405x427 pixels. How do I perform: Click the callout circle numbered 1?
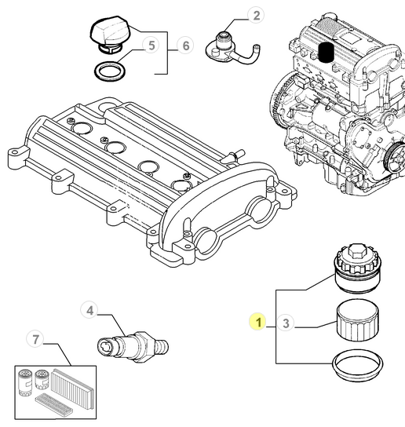pos(257,321)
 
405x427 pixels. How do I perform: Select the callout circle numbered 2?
pos(257,15)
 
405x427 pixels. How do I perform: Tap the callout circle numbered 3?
pos(286,322)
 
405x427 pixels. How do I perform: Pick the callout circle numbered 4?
pos(90,311)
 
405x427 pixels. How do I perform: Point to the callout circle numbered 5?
pos(151,47)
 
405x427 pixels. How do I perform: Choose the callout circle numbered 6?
pos(186,47)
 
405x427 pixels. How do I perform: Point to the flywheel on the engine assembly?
pos(279,111)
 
